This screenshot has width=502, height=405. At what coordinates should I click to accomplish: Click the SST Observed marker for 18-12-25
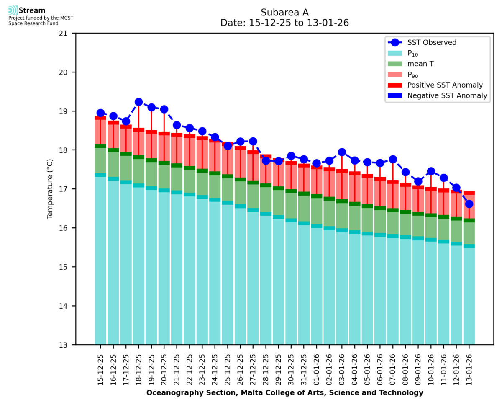138,102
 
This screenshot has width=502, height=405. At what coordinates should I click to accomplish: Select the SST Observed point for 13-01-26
469,204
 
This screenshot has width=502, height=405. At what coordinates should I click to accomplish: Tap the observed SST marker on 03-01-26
342,152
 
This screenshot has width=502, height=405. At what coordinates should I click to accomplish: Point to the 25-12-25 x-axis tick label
228,368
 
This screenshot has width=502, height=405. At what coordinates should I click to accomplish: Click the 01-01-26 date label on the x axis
317,368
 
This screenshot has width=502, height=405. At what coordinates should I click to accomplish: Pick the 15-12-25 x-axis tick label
100,368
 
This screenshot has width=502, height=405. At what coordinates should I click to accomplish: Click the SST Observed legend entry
431,42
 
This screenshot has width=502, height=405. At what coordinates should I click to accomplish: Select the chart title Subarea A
284,12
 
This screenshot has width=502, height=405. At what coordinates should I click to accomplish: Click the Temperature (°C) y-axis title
50,189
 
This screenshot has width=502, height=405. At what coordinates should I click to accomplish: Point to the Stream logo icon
13,10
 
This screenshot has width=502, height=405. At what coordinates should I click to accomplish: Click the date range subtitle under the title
284,23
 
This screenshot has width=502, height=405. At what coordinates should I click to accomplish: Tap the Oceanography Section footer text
284,393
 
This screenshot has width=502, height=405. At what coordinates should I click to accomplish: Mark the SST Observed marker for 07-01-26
393,159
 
